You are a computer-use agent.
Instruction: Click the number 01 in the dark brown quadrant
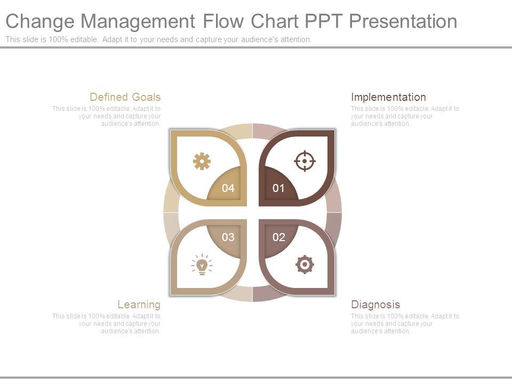coord(278,188)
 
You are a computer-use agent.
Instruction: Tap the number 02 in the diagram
coord(278,237)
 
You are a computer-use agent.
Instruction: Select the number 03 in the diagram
coord(228,237)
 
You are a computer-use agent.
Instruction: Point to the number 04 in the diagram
coord(228,188)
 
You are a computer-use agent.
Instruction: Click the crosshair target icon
coord(305,161)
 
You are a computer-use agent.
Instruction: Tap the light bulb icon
coord(202,265)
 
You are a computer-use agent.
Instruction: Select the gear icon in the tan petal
coord(202,161)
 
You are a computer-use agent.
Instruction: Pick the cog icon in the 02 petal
coord(305,265)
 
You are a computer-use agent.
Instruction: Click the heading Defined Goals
coord(125,97)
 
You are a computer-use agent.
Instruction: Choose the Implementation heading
coord(388,97)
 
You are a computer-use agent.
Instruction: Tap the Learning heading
coord(139,305)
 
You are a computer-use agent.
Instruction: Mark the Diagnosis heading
coord(375,305)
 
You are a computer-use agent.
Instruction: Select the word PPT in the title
coord(323,21)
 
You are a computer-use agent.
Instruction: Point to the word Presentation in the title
coord(403,21)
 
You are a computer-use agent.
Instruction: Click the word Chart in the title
coord(276,21)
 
